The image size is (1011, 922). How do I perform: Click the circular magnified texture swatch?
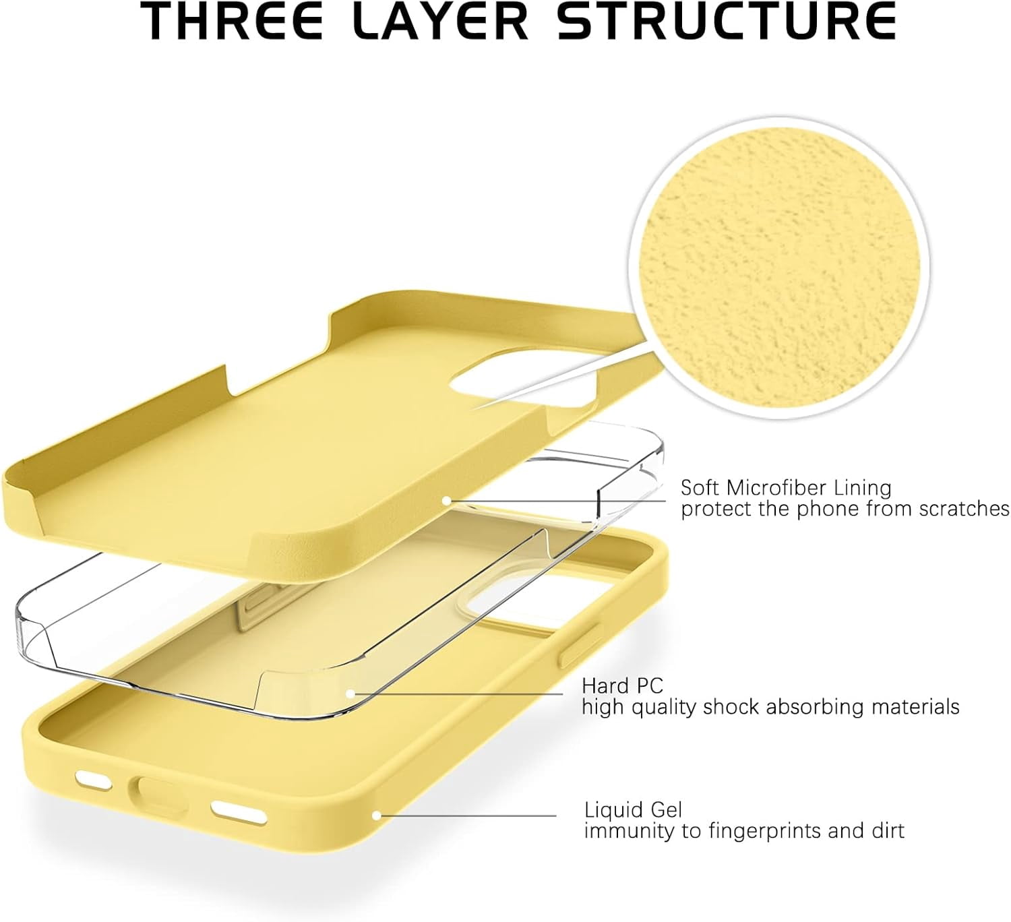[780, 267]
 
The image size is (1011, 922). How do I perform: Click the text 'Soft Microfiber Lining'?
[786, 488]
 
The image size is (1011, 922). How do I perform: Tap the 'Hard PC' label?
[622, 685]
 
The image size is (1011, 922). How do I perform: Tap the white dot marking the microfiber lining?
[447, 501]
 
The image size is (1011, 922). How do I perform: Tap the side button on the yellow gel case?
[580, 646]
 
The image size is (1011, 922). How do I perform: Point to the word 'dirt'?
[888, 831]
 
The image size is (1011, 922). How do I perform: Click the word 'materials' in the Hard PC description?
[915, 707]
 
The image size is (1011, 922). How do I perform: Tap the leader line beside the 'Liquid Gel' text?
[468, 816]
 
